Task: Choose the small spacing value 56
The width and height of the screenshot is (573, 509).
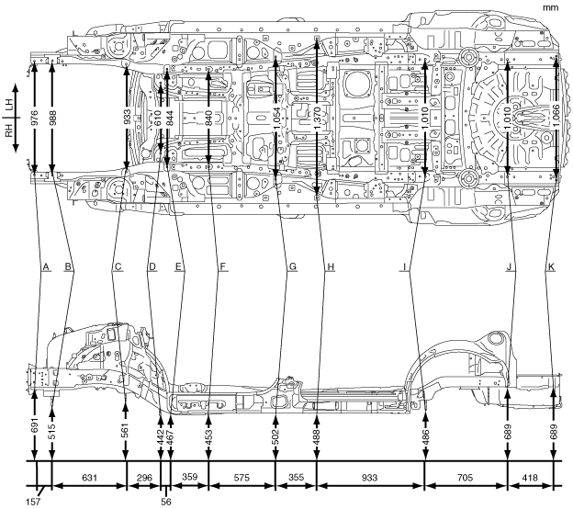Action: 165,502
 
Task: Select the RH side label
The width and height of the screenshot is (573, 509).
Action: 8,134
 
